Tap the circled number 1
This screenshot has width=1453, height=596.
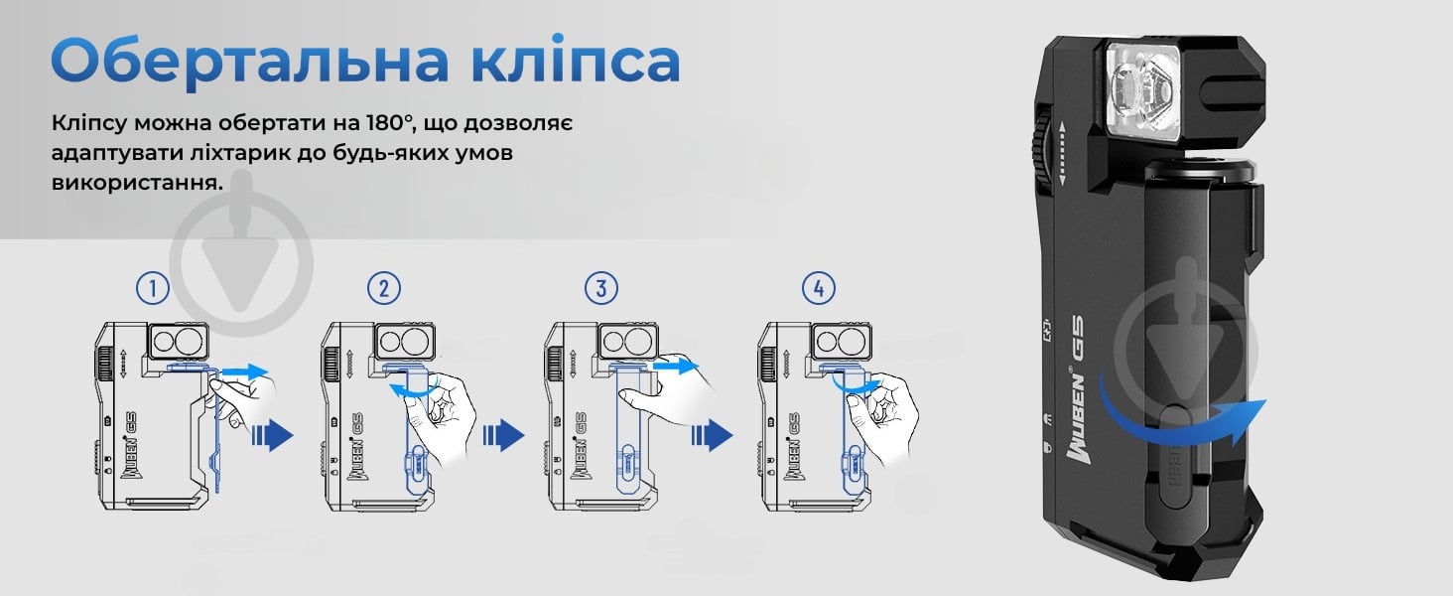[152, 289]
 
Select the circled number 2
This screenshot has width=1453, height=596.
[384, 289]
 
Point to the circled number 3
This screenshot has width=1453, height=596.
[601, 289]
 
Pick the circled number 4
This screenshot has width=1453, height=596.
[818, 289]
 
